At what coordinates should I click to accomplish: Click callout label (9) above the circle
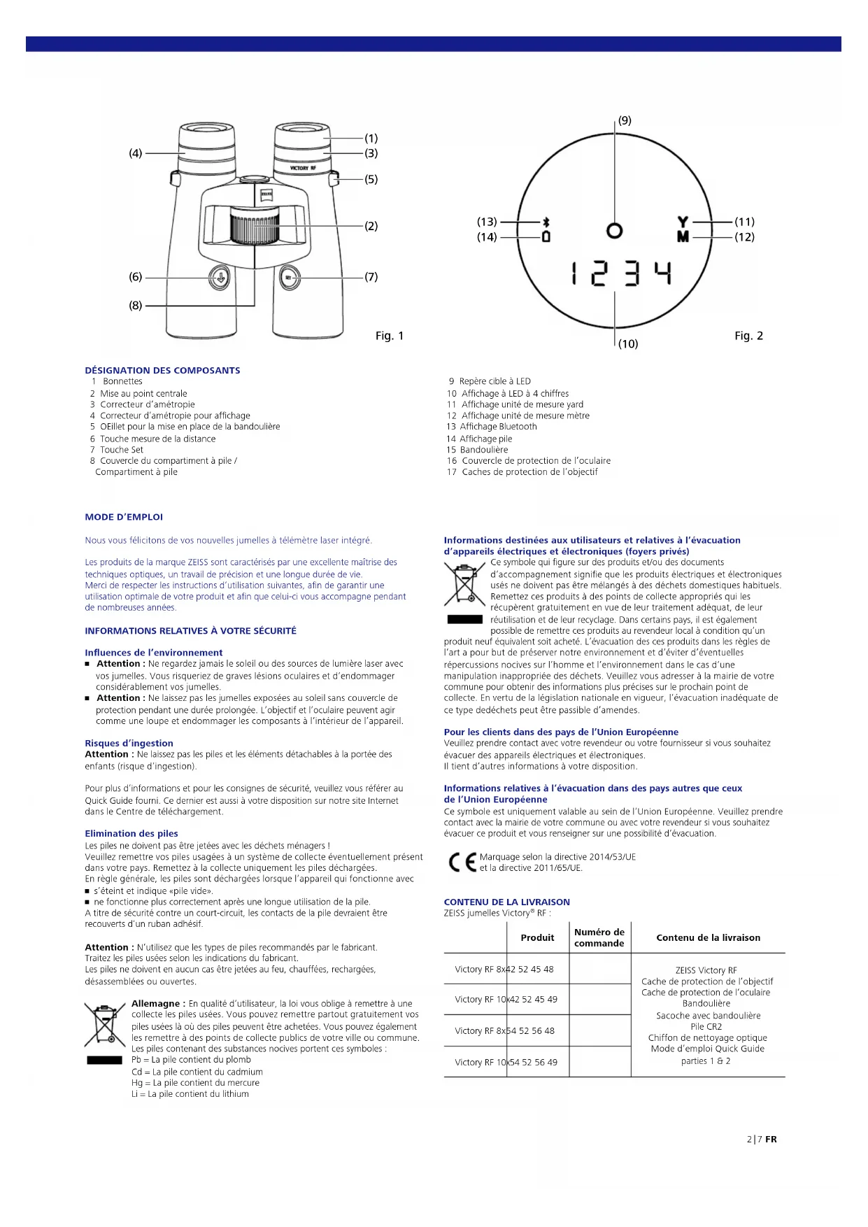tap(625, 120)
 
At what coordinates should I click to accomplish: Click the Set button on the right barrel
tap(290, 278)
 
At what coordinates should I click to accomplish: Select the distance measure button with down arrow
tap(220, 278)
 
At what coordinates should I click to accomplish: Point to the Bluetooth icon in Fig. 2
tap(546, 222)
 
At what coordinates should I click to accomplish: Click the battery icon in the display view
tap(546, 236)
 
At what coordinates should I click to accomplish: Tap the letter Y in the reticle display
tap(683, 222)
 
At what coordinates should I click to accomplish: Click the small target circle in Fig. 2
tap(614, 230)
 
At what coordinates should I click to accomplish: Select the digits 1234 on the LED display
tap(621, 273)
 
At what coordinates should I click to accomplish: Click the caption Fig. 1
tap(390, 336)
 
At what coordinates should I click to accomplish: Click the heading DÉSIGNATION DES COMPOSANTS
tap(162, 371)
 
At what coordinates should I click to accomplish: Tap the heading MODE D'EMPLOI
tap(124, 517)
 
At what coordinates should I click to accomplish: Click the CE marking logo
tap(462, 863)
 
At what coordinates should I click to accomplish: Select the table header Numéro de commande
tap(599, 937)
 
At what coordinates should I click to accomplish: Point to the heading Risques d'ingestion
tap(129, 743)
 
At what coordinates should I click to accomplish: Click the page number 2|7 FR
tap(761, 1139)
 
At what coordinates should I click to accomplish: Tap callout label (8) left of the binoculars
tap(135, 305)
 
